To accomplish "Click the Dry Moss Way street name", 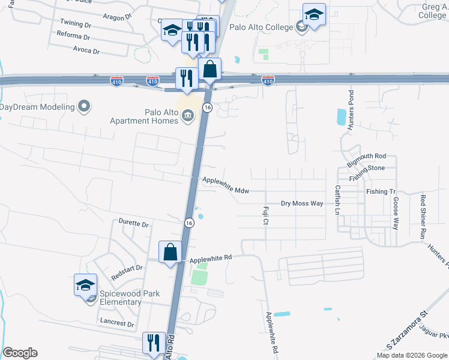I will pos(302,204).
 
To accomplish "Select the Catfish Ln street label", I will pos(337,200).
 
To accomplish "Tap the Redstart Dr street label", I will pos(127,272).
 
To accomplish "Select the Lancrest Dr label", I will pos(118,323).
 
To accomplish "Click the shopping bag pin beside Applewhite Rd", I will pos(170,252).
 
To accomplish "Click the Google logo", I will pos(20,353).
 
